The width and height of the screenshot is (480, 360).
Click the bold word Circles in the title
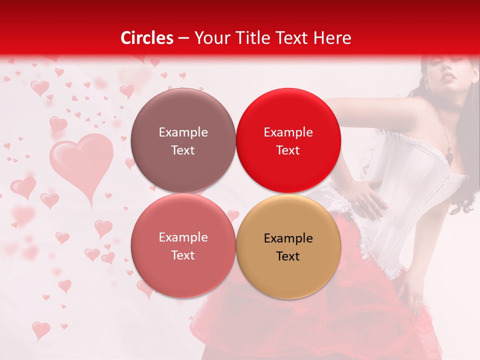147,38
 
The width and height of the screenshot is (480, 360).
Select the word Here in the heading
332,38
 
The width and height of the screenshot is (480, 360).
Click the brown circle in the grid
183,140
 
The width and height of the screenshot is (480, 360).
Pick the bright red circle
288,140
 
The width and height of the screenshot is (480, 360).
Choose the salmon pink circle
183,245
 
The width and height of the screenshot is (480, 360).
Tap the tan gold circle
288,246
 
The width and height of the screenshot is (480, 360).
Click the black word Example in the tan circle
288,238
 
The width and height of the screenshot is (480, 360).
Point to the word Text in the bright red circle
288,150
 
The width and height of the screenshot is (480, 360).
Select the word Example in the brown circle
183,132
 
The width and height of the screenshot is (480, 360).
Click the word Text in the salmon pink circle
183,255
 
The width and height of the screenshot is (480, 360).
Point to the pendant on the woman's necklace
449,157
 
